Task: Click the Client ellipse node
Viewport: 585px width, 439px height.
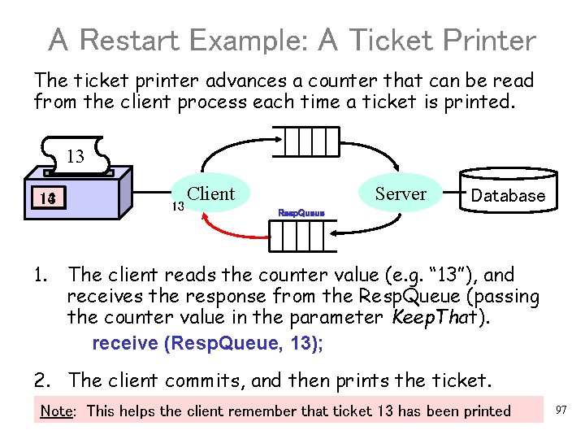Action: (x=210, y=194)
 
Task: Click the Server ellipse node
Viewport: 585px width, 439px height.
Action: (x=401, y=194)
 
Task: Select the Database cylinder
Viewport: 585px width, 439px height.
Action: (x=508, y=193)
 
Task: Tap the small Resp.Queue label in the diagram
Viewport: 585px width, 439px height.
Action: (x=301, y=213)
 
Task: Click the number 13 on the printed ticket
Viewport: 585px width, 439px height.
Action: (x=75, y=156)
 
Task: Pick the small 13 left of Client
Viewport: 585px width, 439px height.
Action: (x=177, y=206)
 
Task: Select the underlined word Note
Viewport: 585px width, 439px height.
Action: (x=56, y=411)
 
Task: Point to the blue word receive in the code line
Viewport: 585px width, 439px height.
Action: (x=126, y=343)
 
